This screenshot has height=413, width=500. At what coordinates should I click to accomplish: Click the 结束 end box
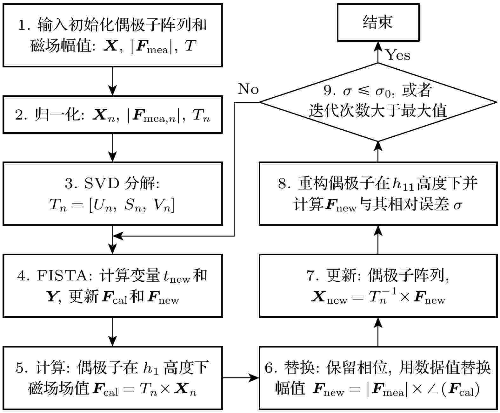click(378, 22)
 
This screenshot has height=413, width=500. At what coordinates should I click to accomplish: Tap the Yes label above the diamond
click(398, 55)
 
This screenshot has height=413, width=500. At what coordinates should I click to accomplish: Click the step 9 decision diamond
click(378, 102)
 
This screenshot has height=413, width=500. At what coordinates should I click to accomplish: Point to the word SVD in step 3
click(102, 183)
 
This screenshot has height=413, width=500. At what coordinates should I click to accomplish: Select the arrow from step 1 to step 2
click(113, 81)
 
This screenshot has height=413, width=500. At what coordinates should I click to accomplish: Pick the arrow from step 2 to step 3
click(113, 148)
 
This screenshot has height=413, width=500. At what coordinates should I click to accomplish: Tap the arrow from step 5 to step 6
click(241, 378)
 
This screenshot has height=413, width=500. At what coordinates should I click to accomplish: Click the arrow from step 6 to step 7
click(378, 332)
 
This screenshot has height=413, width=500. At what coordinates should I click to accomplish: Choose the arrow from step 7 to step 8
click(378, 240)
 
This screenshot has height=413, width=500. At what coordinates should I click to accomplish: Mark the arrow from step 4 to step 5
click(113, 332)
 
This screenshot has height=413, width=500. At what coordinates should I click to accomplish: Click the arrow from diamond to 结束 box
click(378, 52)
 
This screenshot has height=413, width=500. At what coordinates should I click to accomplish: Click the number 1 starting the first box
click(22, 25)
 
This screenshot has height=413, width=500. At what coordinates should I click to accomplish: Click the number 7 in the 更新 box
click(310, 276)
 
